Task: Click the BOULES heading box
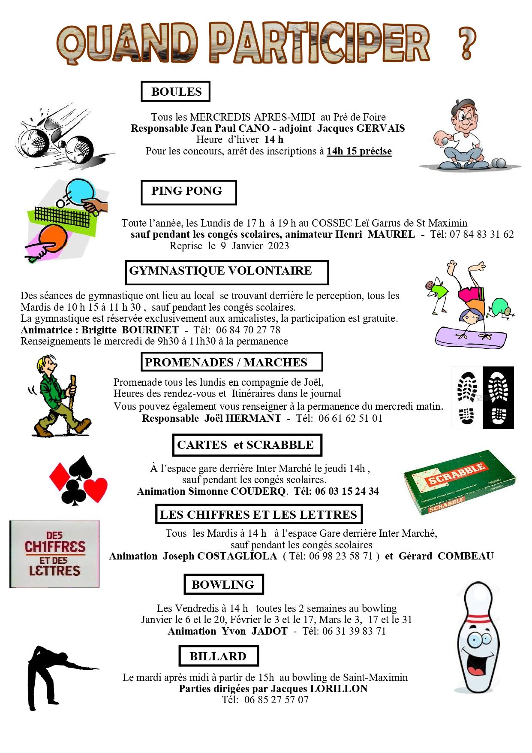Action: click(175, 91)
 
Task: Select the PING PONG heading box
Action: click(188, 192)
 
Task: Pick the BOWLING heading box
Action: click(223, 584)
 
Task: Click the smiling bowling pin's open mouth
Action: click(475, 670)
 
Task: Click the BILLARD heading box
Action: click(218, 656)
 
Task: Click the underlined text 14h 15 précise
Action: click(359, 151)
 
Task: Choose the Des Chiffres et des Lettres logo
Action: click(54, 553)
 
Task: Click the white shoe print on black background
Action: click(498, 397)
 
